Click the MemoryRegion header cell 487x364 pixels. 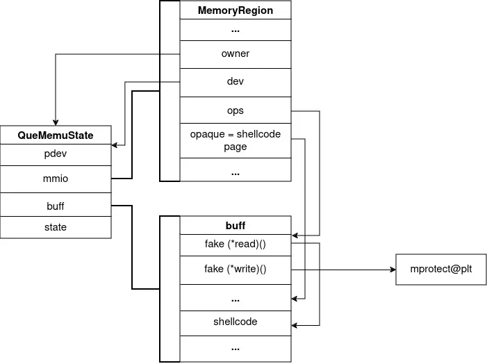coord(235,10)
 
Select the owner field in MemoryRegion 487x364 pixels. coord(235,53)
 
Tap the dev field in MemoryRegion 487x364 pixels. coord(235,82)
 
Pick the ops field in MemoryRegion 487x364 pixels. coord(235,111)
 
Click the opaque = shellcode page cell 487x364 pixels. coord(235,140)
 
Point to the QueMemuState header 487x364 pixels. coord(56,135)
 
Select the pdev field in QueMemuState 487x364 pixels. coord(56,154)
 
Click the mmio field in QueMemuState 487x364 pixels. coord(56,179)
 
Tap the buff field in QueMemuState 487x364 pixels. coord(56,206)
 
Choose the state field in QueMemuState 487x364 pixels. coord(56,227)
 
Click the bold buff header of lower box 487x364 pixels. coord(235,226)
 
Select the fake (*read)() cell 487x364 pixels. coord(235,245)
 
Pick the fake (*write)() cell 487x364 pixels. coord(235,269)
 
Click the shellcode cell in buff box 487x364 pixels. coord(235,322)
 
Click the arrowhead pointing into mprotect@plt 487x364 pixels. coord(392,269)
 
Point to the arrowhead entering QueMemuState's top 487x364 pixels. coord(56,122)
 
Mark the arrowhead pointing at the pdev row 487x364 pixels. coord(115,145)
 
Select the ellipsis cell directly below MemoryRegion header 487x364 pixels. coord(235,30)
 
